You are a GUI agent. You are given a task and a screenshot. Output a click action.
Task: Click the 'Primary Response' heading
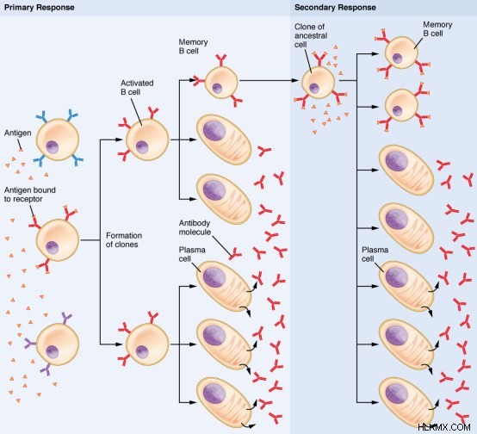pos(40,8)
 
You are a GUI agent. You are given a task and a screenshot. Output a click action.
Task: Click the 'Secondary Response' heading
pos(335,8)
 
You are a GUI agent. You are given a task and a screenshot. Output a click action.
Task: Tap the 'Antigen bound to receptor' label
pos(30,195)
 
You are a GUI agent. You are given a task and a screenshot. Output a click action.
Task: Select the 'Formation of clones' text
pos(124,240)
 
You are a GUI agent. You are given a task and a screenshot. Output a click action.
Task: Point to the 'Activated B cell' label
pos(137,87)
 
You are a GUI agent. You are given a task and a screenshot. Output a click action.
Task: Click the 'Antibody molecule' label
pos(195,227)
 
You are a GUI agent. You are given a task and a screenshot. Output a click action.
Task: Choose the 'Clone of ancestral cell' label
pos(311,35)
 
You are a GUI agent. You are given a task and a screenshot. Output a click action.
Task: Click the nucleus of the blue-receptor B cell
pos(53,147)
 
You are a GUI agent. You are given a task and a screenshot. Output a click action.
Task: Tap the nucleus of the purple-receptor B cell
pos(53,352)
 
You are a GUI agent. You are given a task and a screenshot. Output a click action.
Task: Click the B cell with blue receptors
pos(58,139)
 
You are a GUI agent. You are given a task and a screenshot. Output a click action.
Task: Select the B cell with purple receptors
pos(58,344)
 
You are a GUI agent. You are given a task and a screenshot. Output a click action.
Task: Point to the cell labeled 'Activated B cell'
pos(147,139)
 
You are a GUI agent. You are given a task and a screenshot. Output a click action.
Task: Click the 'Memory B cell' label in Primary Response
pos(193,46)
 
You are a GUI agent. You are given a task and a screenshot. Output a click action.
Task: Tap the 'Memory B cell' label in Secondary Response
pos(437,29)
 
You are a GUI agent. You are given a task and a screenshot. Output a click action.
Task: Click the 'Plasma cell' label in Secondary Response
pos(375,254)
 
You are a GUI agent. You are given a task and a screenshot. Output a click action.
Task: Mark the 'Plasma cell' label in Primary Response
pos(192,254)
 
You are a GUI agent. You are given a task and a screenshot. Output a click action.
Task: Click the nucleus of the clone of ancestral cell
pos(314,88)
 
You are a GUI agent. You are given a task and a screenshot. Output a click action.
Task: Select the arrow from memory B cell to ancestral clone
pos(269,81)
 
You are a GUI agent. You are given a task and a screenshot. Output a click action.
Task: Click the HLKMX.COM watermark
pos(443,427)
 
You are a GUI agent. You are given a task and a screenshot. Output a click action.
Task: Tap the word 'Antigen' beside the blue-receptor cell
pos(17,133)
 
